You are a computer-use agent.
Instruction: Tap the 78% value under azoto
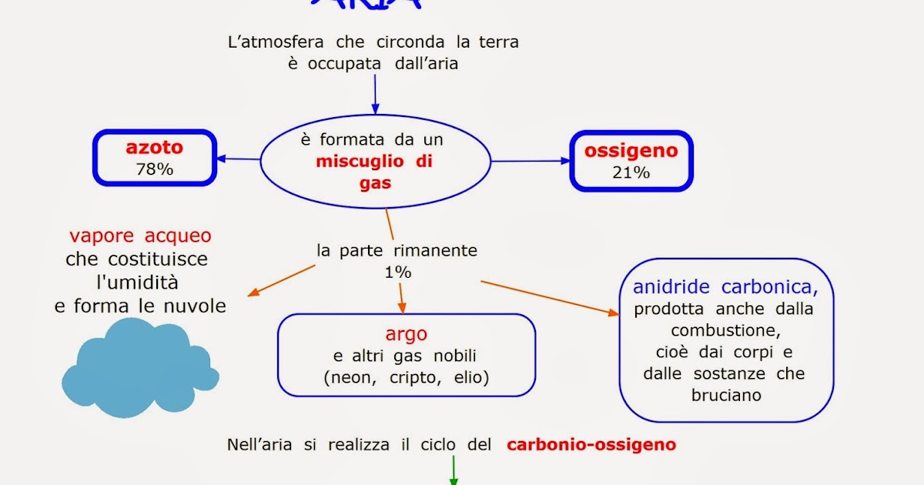click(x=154, y=169)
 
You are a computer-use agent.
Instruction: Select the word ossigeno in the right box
click(x=631, y=150)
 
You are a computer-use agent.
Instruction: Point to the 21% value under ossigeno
click(x=631, y=172)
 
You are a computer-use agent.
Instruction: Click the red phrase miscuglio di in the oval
click(x=375, y=162)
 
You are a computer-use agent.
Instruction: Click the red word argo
click(x=406, y=335)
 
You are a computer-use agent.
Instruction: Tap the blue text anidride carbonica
click(x=725, y=288)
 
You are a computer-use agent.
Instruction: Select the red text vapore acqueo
click(x=140, y=236)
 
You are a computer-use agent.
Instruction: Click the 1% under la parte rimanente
click(x=397, y=272)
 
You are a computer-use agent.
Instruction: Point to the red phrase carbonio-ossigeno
click(x=591, y=445)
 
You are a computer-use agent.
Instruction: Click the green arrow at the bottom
click(x=454, y=470)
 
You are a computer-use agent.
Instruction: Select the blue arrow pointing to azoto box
click(x=239, y=159)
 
